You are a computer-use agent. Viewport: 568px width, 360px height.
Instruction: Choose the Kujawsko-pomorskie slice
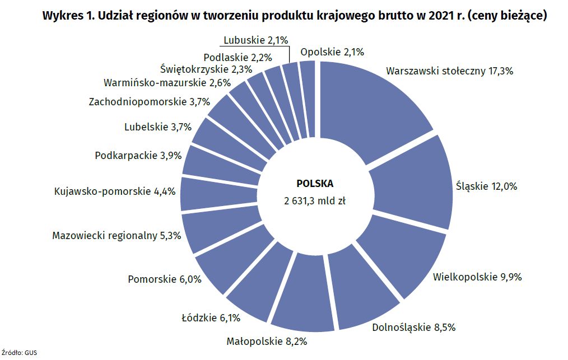click(x=207, y=194)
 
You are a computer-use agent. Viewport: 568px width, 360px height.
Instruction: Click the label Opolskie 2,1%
click(x=332, y=52)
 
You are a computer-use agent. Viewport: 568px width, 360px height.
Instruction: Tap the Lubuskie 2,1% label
click(x=255, y=40)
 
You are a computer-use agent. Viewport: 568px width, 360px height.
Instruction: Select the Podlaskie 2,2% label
click(x=238, y=57)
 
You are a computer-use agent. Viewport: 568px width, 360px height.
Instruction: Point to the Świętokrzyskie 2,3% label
click(x=206, y=69)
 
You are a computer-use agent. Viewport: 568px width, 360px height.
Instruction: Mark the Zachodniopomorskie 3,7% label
click(x=149, y=102)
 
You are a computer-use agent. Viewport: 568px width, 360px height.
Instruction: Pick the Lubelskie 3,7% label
click(x=158, y=127)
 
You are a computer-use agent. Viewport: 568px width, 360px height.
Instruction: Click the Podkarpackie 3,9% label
click(x=138, y=156)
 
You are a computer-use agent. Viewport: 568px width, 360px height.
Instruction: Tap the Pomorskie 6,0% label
click(x=165, y=279)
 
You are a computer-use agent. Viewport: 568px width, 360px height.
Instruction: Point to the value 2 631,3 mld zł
click(x=315, y=202)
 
